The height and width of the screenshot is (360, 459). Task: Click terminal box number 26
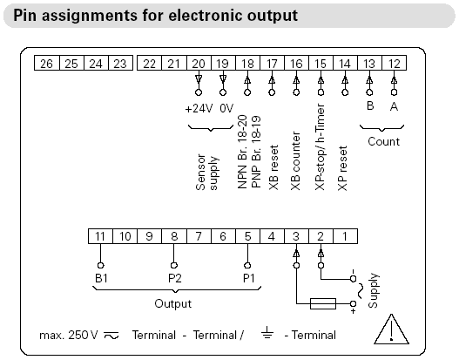coord(47,63)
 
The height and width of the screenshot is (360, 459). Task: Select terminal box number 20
coord(199,63)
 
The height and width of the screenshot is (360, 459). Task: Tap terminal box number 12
coord(394,63)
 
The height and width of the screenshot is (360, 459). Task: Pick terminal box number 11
coord(100,236)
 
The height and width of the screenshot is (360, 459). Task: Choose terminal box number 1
coord(345,236)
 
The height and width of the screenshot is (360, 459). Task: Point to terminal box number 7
coord(199,236)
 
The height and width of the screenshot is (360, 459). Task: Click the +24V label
coord(199,109)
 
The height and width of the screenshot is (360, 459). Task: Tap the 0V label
coord(226,109)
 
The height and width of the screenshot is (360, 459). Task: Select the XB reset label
coord(273,167)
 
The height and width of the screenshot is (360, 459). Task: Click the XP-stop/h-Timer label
coord(320,146)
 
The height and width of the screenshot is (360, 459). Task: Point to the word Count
coord(383,141)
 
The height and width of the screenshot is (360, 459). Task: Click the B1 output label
coord(101,278)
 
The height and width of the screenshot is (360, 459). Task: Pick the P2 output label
coord(175,278)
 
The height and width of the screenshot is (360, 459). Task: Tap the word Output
coord(173,303)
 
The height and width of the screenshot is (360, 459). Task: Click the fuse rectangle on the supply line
coord(323,303)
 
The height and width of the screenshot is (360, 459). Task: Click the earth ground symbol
coord(267,332)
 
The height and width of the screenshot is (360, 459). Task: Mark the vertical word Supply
coord(374,290)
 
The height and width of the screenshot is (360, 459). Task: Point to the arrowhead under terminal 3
coord(296,254)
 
